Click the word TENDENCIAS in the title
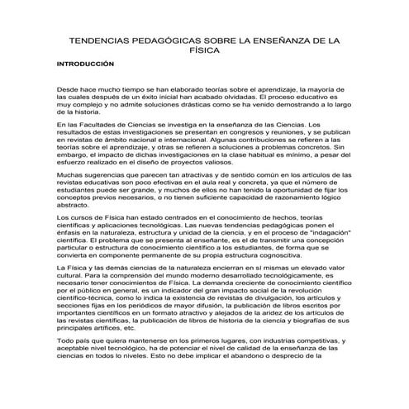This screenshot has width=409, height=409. [x=100, y=39]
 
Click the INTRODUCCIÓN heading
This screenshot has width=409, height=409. [x=84, y=64]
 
